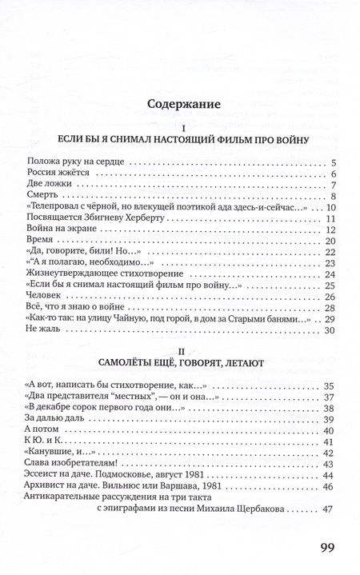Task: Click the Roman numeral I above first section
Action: [183, 128]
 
